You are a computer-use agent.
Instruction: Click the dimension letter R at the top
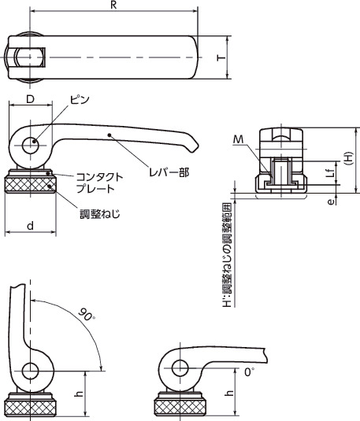[x=115, y=6]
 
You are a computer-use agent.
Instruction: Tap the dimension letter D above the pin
[x=29, y=100]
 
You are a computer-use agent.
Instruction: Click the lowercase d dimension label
[x=29, y=226]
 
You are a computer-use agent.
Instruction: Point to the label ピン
[x=80, y=101]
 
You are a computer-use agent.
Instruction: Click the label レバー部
[x=171, y=171]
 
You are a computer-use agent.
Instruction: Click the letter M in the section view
[x=239, y=140]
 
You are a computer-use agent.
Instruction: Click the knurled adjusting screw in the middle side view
[x=32, y=186]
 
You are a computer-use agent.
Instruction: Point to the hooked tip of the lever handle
[x=192, y=146]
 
